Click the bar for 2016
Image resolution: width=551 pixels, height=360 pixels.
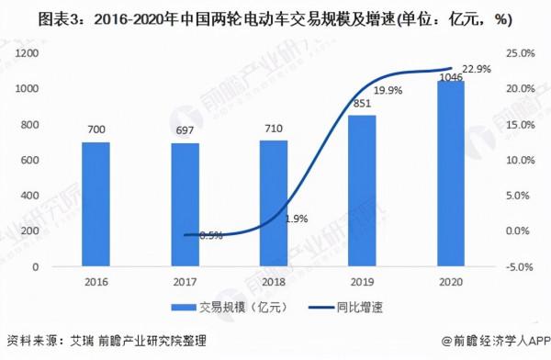click(95, 204)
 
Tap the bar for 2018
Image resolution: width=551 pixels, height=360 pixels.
click(273, 203)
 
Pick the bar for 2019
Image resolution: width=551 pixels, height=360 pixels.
click(361, 191)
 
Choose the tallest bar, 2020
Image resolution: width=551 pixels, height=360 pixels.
click(449, 174)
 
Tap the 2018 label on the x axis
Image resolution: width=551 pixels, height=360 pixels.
click(273, 282)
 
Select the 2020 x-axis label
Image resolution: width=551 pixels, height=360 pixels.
click(449, 282)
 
